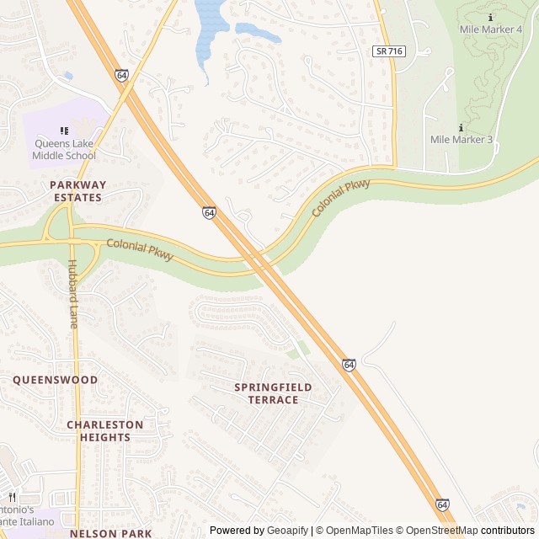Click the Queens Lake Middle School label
tap(64, 149)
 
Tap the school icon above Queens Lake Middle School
tap(63, 131)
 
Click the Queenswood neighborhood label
tap(55, 380)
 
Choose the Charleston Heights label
tap(99, 431)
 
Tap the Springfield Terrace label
tap(273, 393)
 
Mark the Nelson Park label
tap(99, 533)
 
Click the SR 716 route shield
tap(389, 51)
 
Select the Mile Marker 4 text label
tap(491, 29)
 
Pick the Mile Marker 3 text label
tap(461, 140)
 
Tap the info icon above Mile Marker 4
tap(491, 16)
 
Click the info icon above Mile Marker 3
tap(461, 127)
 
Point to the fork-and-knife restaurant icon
tap(12, 497)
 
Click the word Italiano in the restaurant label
tap(34, 522)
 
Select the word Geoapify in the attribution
tap(288, 531)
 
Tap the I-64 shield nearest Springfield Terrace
tap(349, 364)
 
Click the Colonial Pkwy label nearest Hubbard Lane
tap(139, 249)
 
